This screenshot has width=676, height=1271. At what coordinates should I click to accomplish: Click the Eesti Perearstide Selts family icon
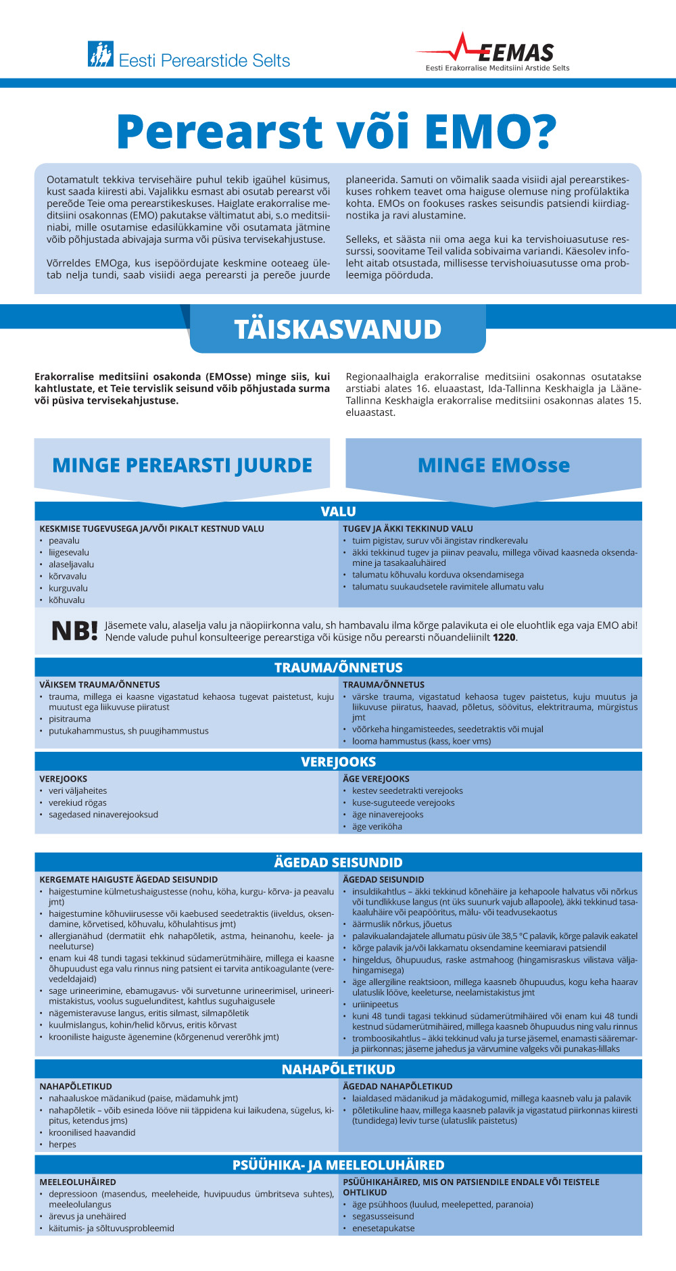(x=100, y=54)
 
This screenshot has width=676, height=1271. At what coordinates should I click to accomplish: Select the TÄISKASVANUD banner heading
(x=337, y=329)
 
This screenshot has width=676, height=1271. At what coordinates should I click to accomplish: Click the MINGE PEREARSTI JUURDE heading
(x=182, y=465)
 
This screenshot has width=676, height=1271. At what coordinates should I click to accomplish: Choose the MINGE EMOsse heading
(x=493, y=465)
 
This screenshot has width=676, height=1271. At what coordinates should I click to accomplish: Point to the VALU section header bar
(x=338, y=511)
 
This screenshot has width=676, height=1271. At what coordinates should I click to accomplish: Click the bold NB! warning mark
(x=74, y=631)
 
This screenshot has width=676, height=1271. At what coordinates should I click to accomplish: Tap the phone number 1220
(x=504, y=638)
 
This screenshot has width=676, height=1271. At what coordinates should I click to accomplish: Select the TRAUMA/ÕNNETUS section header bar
(x=338, y=667)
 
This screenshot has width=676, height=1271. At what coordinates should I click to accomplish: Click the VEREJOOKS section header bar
(x=338, y=762)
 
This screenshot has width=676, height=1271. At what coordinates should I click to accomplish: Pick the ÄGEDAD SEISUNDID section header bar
(x=338, y=862)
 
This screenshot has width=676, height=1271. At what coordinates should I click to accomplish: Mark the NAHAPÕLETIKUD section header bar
(x=338, y=1069)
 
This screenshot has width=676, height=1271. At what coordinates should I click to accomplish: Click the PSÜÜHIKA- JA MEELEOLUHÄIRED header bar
(x=338, y=1165)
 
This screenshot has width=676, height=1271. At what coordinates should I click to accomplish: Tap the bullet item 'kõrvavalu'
(x=68, y=576)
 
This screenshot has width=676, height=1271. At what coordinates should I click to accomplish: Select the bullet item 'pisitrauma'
(x=70, y=719)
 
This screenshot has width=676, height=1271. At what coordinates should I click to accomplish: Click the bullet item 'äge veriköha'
(x=377, y=826)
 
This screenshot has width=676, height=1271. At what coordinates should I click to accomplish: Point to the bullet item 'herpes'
(x=62, y=1144)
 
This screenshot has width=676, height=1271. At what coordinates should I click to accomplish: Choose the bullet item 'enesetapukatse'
(x=383, y=1228)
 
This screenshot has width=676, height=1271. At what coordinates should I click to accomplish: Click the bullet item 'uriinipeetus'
(x=375, y=1004)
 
